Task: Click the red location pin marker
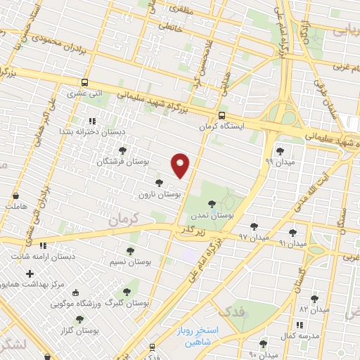pos(181,165)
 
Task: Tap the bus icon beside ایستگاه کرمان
pos(222,116)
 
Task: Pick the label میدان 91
pos(292,243)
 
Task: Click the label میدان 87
pos(314,309)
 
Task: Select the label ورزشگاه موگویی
pos(79,304)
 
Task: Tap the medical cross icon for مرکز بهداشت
pos(29,273)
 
